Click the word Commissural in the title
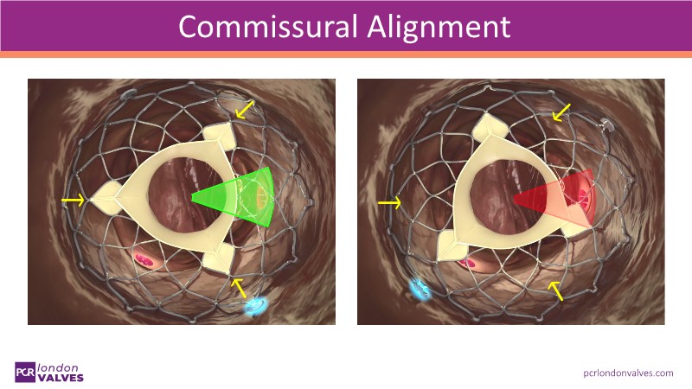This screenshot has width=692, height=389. tap(267, 27)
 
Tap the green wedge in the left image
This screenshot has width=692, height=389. tap(234, 197)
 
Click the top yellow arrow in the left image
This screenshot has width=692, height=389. tap(245, 110)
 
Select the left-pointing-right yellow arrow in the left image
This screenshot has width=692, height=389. tap(74, 201)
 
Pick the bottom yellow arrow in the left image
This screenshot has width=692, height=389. tap(239, 288)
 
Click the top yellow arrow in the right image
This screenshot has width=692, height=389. tap(561, 112)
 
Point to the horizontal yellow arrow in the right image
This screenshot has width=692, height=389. tap(390, 202)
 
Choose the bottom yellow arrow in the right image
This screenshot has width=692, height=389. tap(555, 291)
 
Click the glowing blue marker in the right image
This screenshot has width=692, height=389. tap(420, 289)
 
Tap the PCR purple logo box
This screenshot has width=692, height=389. tap(25, 373)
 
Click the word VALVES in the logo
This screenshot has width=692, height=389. tap(61, 378)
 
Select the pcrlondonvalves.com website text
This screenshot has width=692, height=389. tap(628, 373)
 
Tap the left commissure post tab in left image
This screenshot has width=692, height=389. tap(106, 198)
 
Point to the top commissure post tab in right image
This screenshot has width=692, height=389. tap(490, 128)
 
